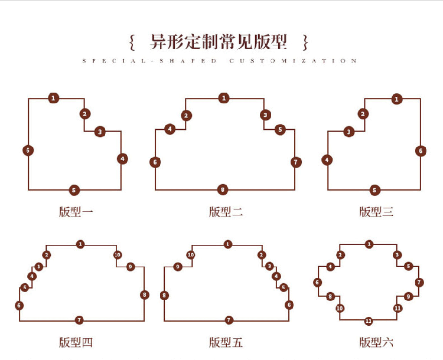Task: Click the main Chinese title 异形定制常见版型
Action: [219, 42]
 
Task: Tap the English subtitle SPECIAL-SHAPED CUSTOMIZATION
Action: [220, 61]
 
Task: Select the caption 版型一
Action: [76, 212]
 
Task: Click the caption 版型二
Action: [226, 212]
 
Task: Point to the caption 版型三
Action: [376, 212]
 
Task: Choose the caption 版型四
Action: [76, 342]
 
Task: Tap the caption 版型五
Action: [226, 342]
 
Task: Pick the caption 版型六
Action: [376, 342]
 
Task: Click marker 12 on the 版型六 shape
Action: [369, 321]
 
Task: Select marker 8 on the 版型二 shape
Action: [223, 190]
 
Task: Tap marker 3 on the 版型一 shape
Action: [100, 132]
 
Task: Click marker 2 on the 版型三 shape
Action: [363, 114]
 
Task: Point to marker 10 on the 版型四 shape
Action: [118, 256]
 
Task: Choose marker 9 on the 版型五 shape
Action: [178, 267]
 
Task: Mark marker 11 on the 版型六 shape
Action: [398, 308]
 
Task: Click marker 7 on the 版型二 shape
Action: [296, 162]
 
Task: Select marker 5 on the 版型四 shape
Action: [25, 288]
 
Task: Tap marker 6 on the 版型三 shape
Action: [421, 150]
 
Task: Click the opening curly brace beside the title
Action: [132, 42]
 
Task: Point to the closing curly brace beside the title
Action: [305, 42]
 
